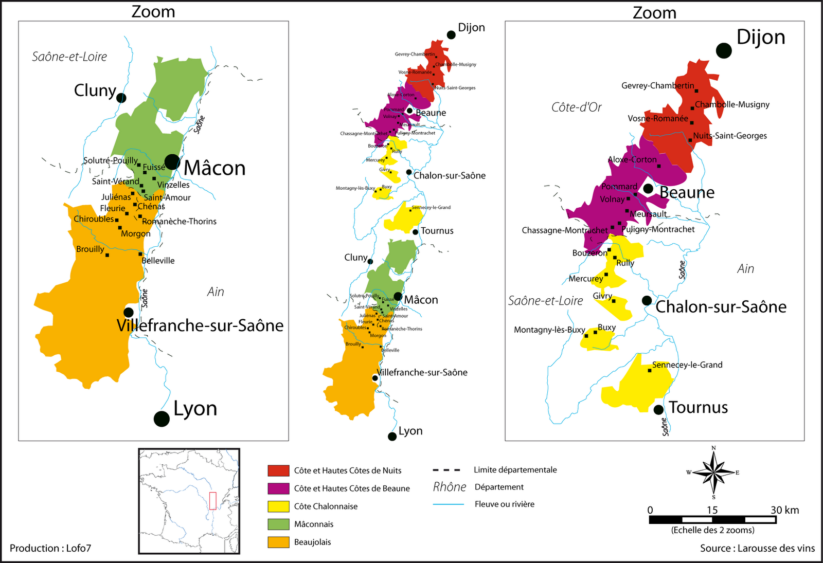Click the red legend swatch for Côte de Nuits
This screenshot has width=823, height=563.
pyautogui.click(x=278, y=470)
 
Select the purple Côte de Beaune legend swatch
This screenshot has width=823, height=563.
pyautogui.click(x=278, y=488)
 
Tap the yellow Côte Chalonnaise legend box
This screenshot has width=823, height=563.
pyautogui.click(x=278, y=506)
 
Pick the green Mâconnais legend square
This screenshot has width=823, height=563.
pyautogui.click(x=278, y=524)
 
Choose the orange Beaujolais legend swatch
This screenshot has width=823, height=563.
pyautogui.click(x=278, y=542)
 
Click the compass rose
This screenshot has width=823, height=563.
pyautogui.click(x=713, y=472)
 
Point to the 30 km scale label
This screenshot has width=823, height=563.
pyautogui.click(x=784, y=510)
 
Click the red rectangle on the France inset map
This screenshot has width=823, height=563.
pyautogui.click(x=212, y=501)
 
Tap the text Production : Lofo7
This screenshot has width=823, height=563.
pyautogui.click(x=50, y=548)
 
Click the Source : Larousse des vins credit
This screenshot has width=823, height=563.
pyautogui.click(x=757, y=548)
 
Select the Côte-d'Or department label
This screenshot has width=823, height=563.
pyautogui.click(x=576, y=107)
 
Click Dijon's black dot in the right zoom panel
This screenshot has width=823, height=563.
pyautogui.click(x=724, y=50)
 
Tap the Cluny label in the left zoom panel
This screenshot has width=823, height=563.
pyautogui.click(x=95, y=90)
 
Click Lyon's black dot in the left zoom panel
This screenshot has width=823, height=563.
pyautogui.click(x=162, y=419)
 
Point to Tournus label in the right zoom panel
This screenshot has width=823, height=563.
pyautogui.click(x=698, y=407)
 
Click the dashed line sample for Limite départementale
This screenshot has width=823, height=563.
pyautogui.click(x=446, y=470)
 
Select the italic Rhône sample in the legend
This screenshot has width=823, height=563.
pyautogui.click(x=450, y=487)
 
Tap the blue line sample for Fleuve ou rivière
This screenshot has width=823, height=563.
pyautogui.click(x=449, y=504)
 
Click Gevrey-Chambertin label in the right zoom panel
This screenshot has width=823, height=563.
pyautogui.click(x=657, y=85)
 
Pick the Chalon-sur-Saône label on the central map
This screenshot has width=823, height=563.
pyautogui.click(x=449, y=175)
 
